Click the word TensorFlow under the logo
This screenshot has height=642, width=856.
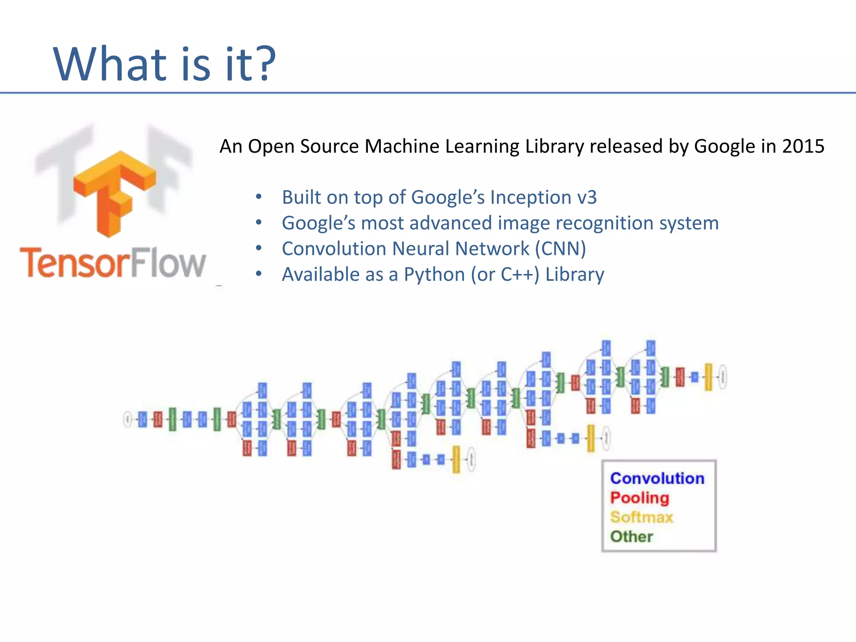point(113,263)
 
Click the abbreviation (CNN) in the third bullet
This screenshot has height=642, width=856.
point(560,249)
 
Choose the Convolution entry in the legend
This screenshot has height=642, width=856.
point(657,478)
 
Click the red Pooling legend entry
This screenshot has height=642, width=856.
point(639,498)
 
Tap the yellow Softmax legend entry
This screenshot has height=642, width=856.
point(642,517)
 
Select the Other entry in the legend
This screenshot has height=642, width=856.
point(632,537)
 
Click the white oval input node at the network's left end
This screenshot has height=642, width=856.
point(127,419)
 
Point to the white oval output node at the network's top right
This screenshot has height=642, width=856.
point(723,377)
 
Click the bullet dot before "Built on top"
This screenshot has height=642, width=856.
point(259,197)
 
